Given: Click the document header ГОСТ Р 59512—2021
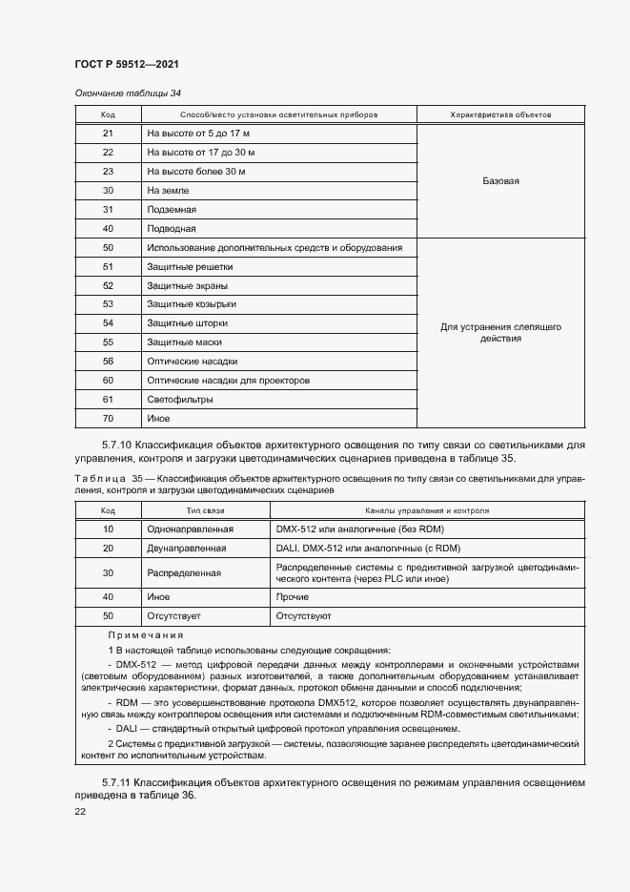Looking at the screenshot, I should click(x=127, y=64).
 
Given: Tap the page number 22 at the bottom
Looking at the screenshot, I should click(x=80, y=811).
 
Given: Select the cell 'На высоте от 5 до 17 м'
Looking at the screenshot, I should click(x=198, y=134).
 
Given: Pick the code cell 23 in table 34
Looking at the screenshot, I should click(x=108, y=172).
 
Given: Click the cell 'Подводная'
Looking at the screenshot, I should click(x=172, y=229).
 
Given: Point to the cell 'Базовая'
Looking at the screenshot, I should click(x=500, y=181).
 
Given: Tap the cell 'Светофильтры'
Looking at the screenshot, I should click(x=179, y=400).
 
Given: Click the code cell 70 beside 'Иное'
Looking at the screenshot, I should click(x=108, y=419).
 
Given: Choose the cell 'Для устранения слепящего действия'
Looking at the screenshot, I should click(x=500, y=332).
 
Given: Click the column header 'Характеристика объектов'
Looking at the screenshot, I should click(x=500, y=114).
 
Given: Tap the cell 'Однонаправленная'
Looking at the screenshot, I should click(x=191, y=529).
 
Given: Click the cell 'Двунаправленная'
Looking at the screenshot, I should click(x=187, y=549).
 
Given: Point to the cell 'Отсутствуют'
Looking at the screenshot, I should click(x=303, y=617).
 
